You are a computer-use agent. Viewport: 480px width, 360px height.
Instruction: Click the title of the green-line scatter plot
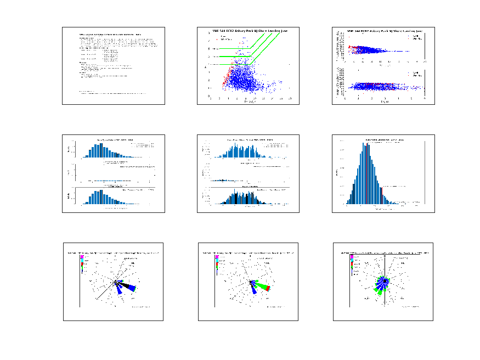[x=249, y=30]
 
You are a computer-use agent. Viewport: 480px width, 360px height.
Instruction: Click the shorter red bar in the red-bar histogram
[x=381, y=195]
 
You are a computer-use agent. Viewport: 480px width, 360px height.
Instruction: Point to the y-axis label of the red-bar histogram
[x=336, y=173]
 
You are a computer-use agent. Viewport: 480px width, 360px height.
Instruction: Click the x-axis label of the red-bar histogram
[x=382, y=209]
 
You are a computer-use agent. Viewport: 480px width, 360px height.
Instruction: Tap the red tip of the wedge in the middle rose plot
[x=268, y=288]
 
